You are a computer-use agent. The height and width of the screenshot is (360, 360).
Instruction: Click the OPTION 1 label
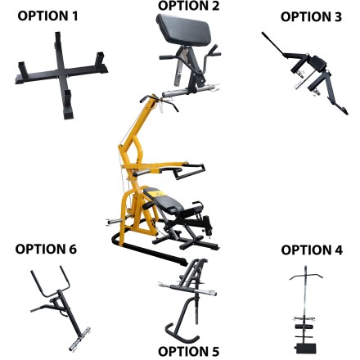[x=47, y=16]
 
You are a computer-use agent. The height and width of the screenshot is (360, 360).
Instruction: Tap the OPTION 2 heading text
[x=189, y=6]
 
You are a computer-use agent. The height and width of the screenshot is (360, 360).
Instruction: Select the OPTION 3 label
[x=311, y=16]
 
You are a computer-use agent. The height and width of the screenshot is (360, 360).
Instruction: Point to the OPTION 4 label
[x=312, y=250]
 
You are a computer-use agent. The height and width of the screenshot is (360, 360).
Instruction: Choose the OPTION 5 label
[x=189, y=352]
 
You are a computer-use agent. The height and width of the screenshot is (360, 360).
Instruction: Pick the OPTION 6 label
[x=46, y=249]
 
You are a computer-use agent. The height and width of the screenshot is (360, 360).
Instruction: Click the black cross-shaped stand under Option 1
[x=61, y=73]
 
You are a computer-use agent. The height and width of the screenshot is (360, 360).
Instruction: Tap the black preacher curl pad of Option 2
[x=184, y=29]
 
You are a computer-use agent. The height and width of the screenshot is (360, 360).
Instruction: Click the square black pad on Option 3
[x=318, y=63]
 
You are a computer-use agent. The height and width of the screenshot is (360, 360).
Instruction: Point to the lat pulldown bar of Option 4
[x=306, y=276]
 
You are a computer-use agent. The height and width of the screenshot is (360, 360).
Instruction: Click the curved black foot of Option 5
[x=180, y=331]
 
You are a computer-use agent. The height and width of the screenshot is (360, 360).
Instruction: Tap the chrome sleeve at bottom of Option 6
[x=79, y=340]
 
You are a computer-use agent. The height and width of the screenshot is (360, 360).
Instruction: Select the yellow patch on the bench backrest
[x=158, y=194]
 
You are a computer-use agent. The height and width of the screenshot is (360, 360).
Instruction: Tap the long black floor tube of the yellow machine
[x=153, y=252]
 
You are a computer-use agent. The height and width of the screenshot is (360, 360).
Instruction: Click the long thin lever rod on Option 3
[x=272, y=43]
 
